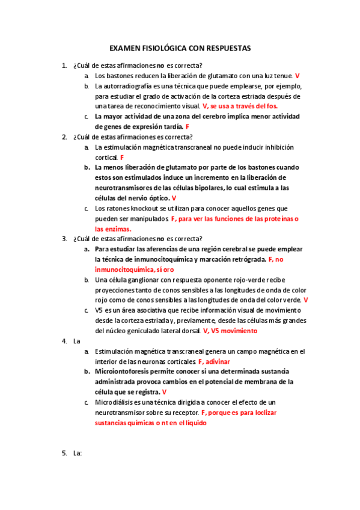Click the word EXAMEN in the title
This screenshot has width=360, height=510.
[124, 48]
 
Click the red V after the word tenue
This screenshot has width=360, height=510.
[297, 76]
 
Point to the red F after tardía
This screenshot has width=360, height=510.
[188, 127]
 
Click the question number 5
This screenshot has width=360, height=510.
[64, 453]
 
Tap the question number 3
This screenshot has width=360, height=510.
[64, 239]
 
